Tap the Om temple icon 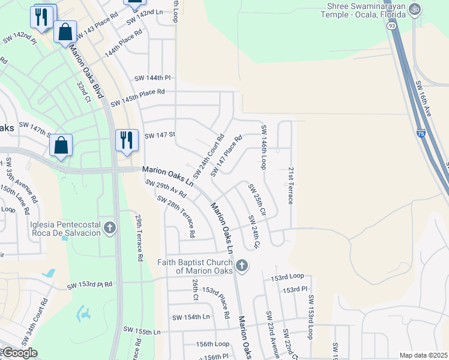(x=415, y=10)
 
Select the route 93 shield (x=391, y=26)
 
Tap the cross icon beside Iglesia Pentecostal (x=109, y=228)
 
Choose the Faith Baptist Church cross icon (x=241, y=265)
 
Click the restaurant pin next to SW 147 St (x=127, y=140)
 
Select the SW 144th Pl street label (x=152, y=78)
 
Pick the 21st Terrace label (x=291, y=185)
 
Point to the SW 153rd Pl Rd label (x=89, y=284)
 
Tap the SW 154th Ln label (x=191, y=317)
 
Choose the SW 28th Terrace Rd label (x=176, y=215)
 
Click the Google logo (x=19, y=353)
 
